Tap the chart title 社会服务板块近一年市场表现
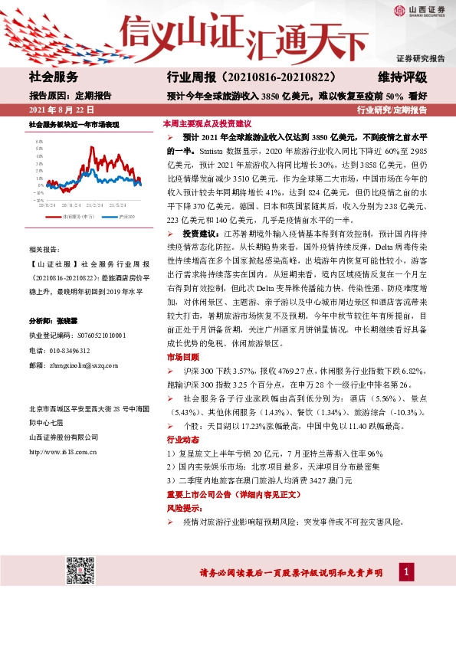point(74,124)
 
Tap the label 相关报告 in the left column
point(47,250)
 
